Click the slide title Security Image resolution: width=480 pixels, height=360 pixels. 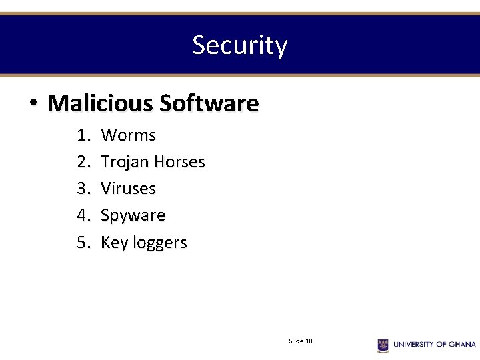239,45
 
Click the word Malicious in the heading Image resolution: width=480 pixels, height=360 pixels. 99,103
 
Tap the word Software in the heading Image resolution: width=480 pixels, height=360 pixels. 209,103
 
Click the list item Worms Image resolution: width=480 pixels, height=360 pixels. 128,135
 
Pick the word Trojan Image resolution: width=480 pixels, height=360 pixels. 125,162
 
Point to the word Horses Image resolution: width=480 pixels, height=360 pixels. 179,162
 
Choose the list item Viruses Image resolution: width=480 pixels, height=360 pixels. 128,189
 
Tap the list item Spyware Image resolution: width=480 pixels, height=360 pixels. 133,215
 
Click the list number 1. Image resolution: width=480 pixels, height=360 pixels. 83,135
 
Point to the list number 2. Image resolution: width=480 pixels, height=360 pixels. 83,162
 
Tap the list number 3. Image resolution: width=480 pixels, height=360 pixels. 83,189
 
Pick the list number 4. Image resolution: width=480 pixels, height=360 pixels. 83,215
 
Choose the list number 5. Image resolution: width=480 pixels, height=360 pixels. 83,242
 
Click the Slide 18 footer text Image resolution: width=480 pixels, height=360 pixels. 300,341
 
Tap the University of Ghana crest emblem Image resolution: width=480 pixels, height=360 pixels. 383,345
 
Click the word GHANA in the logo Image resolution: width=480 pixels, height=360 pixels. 462,345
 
